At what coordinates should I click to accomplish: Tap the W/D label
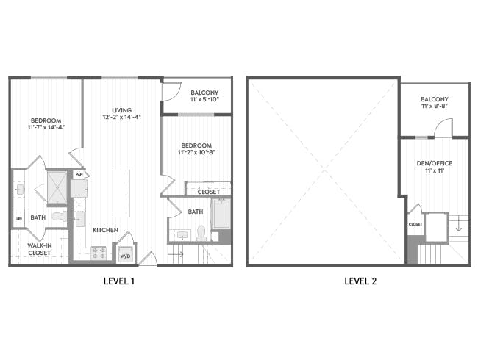(x=125, y=256)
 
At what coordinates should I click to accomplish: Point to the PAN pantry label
(x=79, y=174)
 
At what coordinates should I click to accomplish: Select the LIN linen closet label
(x=18, y=219)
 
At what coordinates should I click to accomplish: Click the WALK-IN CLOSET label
(x=39, y=249)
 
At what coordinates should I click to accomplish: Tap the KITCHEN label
(x=105, y=230)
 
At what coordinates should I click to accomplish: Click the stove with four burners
(x=98, y=253)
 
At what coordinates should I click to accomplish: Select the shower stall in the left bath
(x=57, y=187)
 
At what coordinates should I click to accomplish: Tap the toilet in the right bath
(x=201, y=234)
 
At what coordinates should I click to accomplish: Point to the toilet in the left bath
(x=58, y=217)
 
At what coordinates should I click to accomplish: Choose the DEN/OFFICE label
(x=434, y=163)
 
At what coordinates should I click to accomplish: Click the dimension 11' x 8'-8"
(x=435, y=107)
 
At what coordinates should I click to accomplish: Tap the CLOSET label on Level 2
(x=415, y=224)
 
